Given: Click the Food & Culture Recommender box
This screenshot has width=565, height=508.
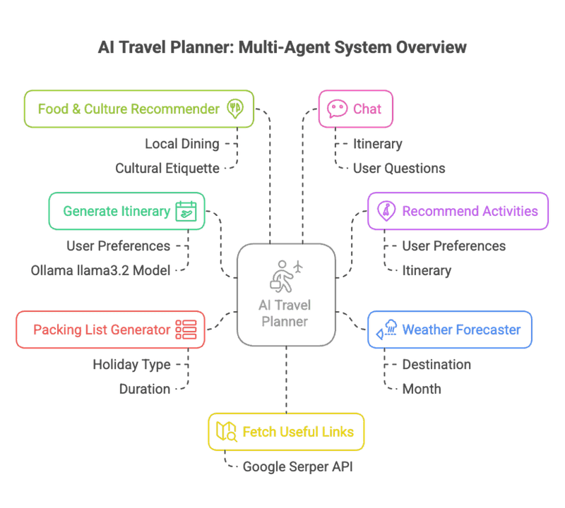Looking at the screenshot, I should point(138,109).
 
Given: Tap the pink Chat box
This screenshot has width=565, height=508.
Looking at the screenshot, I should point(355,109).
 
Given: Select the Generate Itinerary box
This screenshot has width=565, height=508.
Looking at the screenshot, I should point(126,211).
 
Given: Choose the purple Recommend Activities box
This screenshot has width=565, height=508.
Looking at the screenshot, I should point(458,211).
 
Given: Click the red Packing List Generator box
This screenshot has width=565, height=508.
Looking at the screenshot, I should point(111,329).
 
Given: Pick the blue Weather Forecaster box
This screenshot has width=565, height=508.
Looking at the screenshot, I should point(450,329).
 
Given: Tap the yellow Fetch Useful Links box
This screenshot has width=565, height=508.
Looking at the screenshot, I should point(286,431).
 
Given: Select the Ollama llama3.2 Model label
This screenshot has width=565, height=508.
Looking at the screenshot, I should point(100,270).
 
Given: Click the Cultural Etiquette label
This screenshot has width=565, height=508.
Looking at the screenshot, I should point(167,168).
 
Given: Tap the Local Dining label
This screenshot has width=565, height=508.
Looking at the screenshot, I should point(182,144).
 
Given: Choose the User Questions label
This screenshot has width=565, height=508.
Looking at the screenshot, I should point(399,168).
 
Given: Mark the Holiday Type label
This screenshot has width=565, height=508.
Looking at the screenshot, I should point(131,365).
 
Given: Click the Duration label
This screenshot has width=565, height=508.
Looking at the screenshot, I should point(144,389).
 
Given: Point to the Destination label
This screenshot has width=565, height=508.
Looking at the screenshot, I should point(436,365).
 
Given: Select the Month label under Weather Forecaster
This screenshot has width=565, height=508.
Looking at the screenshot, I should point(421,389).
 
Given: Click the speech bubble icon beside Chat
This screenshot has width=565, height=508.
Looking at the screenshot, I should point(338,109).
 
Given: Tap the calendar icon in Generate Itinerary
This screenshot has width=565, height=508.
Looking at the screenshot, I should point(186,211).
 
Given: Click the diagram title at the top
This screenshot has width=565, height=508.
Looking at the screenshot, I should point(282,48).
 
